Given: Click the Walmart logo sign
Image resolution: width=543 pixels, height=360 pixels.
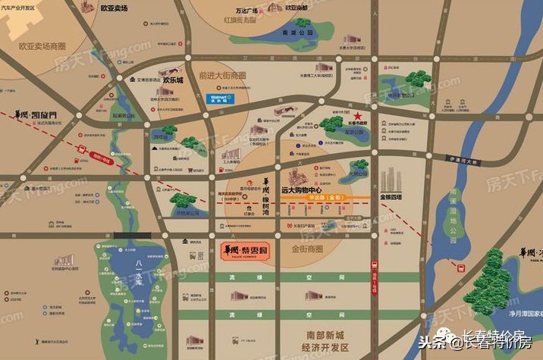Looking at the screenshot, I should tap(219, 99).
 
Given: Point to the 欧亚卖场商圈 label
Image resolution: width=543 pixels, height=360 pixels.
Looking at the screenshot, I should tap(42, 45).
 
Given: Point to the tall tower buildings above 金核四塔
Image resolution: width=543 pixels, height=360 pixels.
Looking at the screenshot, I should tap(391, 179).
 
